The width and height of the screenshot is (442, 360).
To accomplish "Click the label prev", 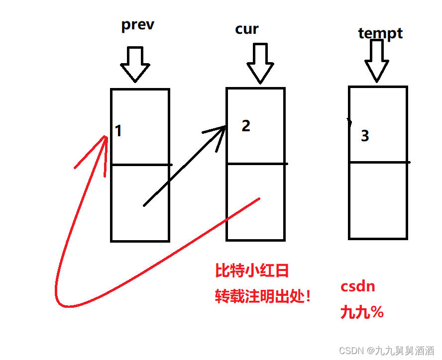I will pos(138,25).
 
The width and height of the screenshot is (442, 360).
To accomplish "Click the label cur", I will pos(247,29).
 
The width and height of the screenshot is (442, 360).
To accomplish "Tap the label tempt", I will pos(380,33).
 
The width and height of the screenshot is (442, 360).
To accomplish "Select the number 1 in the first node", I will pos(118,131).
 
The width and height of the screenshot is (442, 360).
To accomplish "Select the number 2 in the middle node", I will pos(246,126).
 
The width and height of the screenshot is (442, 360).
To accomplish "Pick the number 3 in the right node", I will pos(365,136).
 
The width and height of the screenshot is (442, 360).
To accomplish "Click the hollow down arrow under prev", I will pos(135,64).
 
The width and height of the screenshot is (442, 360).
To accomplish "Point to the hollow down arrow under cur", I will pos(260,63).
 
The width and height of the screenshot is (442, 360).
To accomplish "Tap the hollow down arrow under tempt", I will pos(377,60).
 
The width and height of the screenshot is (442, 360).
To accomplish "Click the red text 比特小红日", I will pos(252,271).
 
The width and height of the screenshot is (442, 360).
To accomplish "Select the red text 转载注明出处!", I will pos(263,297).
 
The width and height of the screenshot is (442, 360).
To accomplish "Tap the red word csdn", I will pos(357,287).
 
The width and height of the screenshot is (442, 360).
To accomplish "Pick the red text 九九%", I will pos(362,312).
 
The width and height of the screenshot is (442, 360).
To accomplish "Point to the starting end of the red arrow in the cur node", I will pos(258,199).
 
